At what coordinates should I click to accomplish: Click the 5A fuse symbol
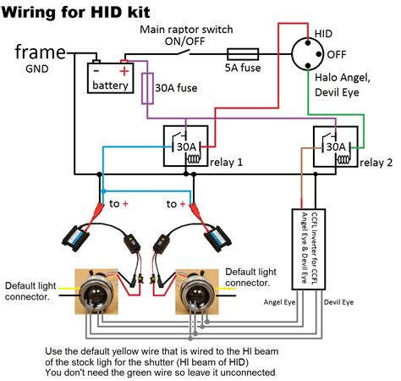243,54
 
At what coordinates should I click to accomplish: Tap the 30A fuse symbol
147,88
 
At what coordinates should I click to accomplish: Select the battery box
110,78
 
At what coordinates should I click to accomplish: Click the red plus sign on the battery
124,71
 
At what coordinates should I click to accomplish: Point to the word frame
41,52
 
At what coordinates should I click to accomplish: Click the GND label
37,69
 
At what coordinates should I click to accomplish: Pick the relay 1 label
226,163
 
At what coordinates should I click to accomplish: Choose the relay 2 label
376,163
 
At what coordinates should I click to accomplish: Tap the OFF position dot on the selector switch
319,54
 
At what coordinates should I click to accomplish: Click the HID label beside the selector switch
323,34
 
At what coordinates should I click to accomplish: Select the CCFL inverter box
309,249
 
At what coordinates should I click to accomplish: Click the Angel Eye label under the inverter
279,302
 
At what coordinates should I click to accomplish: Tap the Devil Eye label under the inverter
338,302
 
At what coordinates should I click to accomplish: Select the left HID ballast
75,238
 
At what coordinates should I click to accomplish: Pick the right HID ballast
217,238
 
